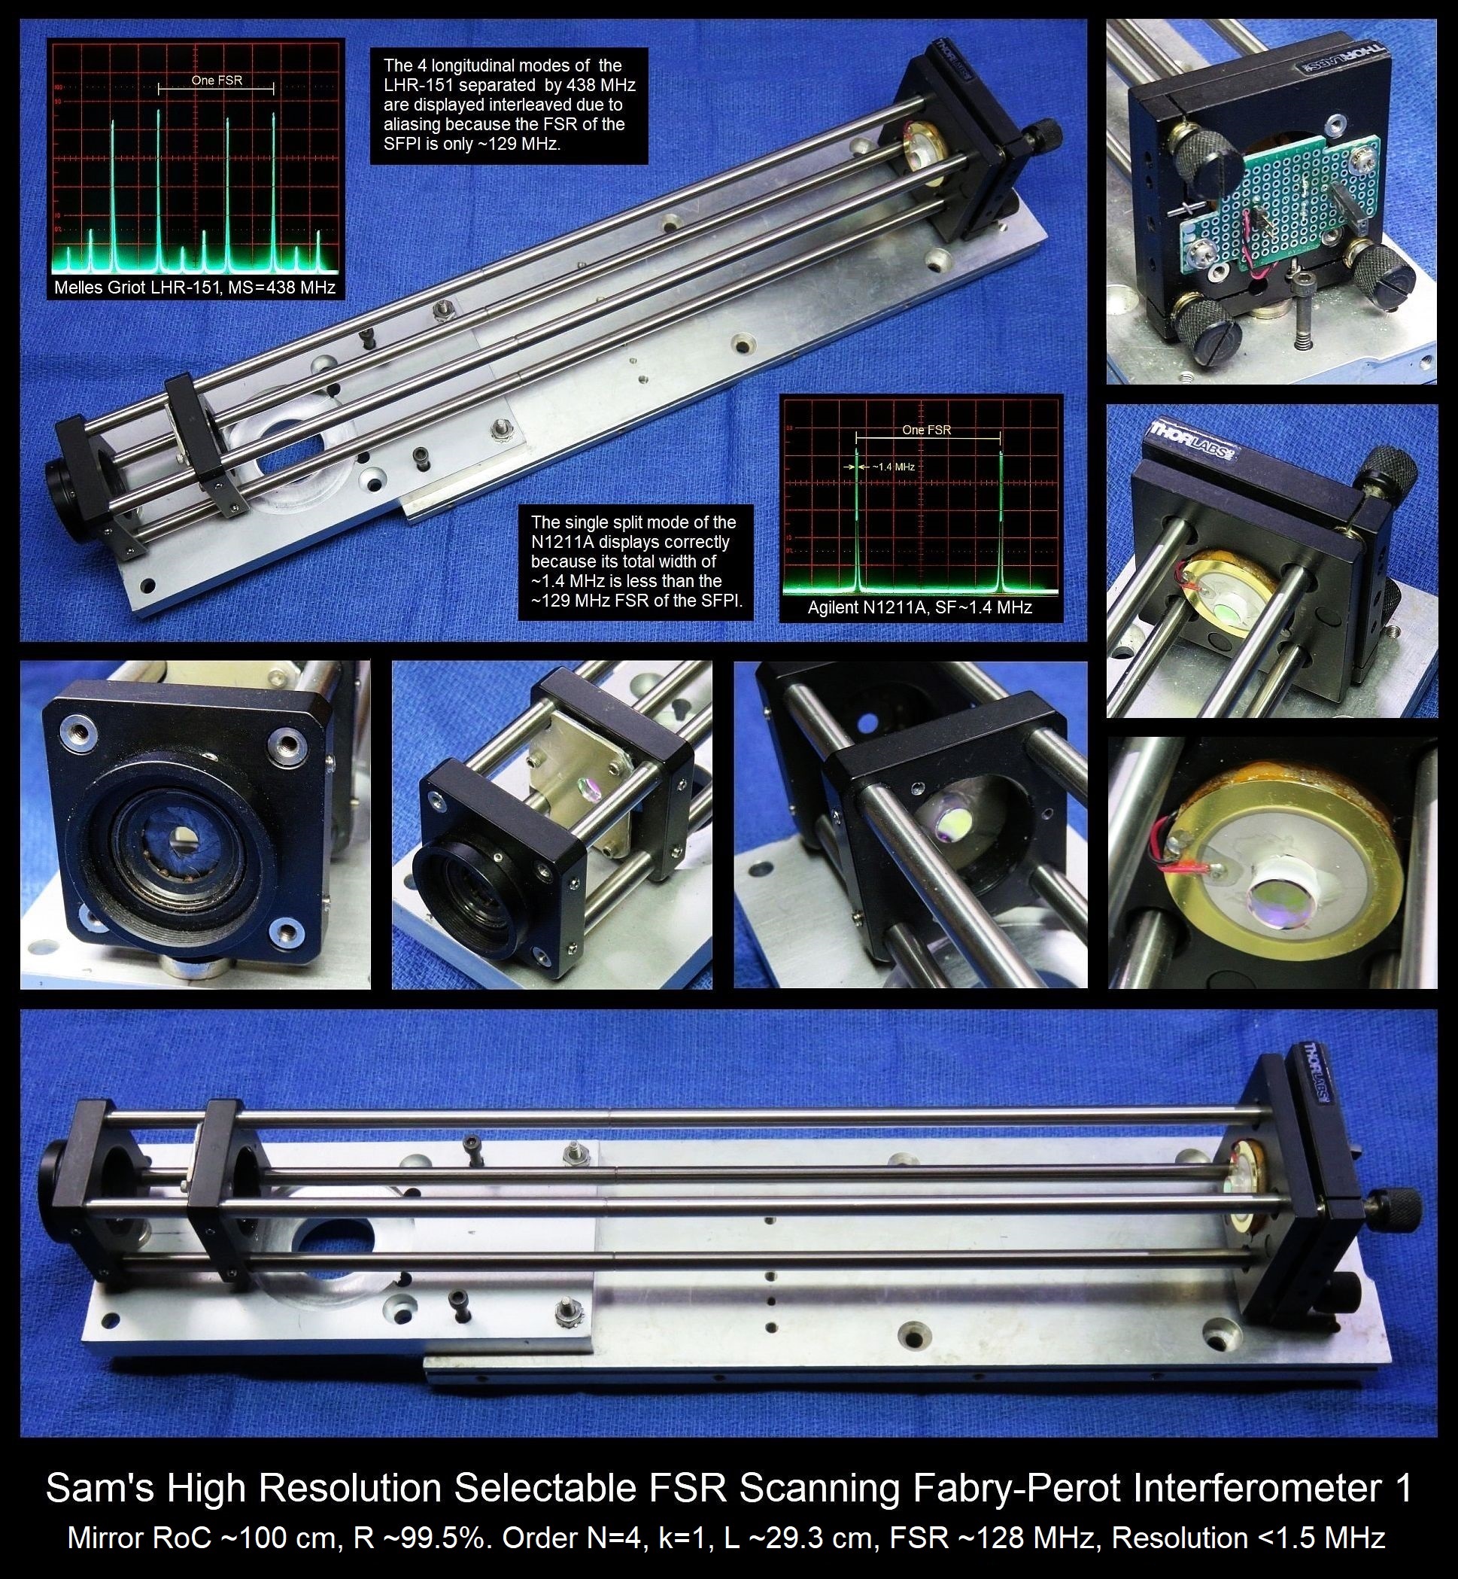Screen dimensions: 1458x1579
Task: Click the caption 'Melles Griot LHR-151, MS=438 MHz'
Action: pos(194,288)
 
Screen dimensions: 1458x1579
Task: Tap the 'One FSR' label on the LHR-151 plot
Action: pos(216,80)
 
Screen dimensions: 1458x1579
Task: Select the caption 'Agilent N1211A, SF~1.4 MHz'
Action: pos(920,607)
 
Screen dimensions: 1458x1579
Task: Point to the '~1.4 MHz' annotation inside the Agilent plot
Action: pos(893,467)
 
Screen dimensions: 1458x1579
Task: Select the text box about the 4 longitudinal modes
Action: pos(509,105)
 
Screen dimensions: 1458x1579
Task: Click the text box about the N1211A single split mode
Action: pos(635,563)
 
